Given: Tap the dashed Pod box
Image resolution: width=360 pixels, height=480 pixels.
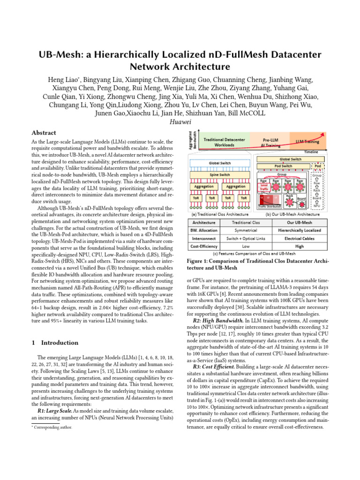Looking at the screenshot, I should pos(317,166).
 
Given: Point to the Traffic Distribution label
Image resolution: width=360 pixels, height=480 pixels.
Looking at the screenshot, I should pos(269,206).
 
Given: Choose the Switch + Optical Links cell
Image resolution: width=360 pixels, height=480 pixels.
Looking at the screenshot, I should pos(246,238).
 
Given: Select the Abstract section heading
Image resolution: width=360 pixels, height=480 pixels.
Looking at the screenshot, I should pos(44,133).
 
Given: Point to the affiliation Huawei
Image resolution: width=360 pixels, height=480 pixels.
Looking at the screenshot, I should pos(180,122).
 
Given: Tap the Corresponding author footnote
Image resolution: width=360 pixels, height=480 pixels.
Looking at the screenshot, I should pos(52,427).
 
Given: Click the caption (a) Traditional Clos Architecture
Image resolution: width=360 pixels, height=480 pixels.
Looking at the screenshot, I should pos(217,213).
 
